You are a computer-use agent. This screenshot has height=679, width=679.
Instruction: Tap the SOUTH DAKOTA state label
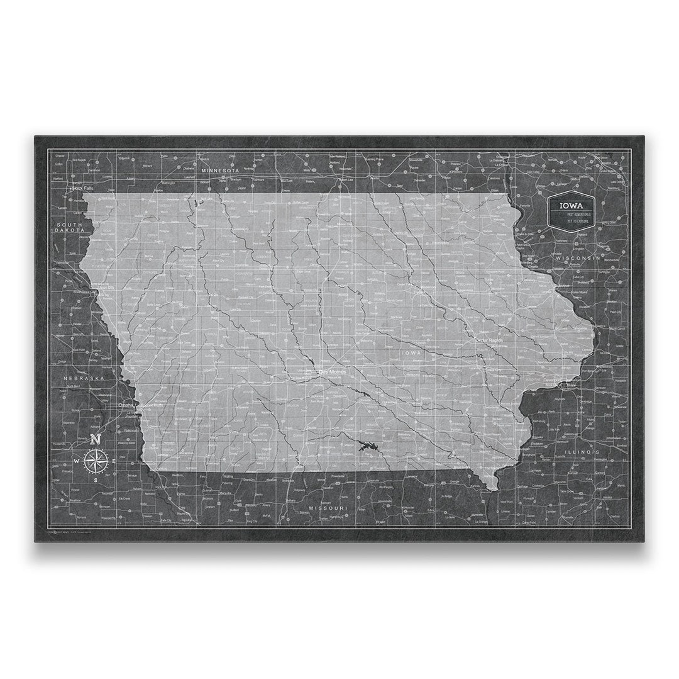tap(70, 228)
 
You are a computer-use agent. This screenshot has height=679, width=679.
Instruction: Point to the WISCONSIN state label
tap(578, 258)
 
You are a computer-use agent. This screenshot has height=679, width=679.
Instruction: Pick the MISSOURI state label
tap(328, 507)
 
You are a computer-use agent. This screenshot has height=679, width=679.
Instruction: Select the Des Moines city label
tap(333, 372)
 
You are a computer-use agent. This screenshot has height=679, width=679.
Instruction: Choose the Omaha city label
tap(126, 405)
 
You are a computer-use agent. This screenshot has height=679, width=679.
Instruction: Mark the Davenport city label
tap(553, 381)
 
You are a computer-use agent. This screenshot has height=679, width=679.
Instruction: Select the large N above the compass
tap(96, 439)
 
